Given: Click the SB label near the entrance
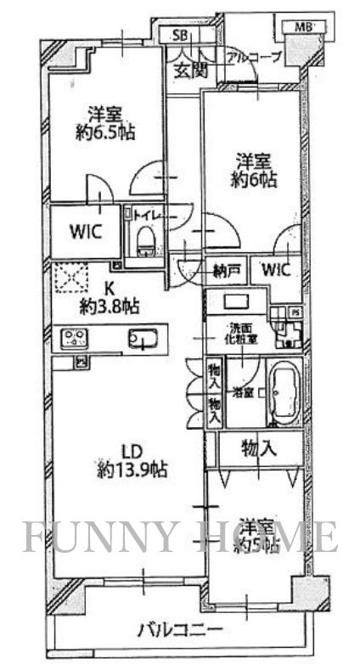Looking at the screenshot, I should tap(179, 35).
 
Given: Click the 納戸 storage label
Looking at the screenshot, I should tap(227, 270).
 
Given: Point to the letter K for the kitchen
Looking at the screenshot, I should tap(109, 287).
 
